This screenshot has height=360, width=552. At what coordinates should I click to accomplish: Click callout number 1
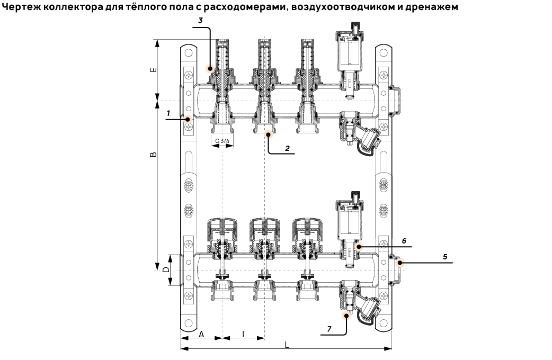coord(168,113)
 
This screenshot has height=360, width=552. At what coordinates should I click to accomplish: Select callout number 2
coord(287,148)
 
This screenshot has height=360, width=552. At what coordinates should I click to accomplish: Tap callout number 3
coord(200,20)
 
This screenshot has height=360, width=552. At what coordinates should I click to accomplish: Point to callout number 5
coord(445,257)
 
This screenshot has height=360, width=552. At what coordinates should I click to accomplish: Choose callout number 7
coord(328,329)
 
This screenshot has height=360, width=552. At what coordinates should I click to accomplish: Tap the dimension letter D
coord(166,270)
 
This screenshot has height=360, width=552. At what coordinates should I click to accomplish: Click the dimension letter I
coord(243,334)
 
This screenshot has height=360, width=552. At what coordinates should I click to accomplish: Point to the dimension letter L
coord(287,345)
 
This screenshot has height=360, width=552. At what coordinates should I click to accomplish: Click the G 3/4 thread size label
coord(222,141)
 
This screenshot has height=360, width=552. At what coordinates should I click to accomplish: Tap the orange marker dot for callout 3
coord(210,68)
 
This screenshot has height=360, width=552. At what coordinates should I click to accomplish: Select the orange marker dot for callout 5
coord(400,262)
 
